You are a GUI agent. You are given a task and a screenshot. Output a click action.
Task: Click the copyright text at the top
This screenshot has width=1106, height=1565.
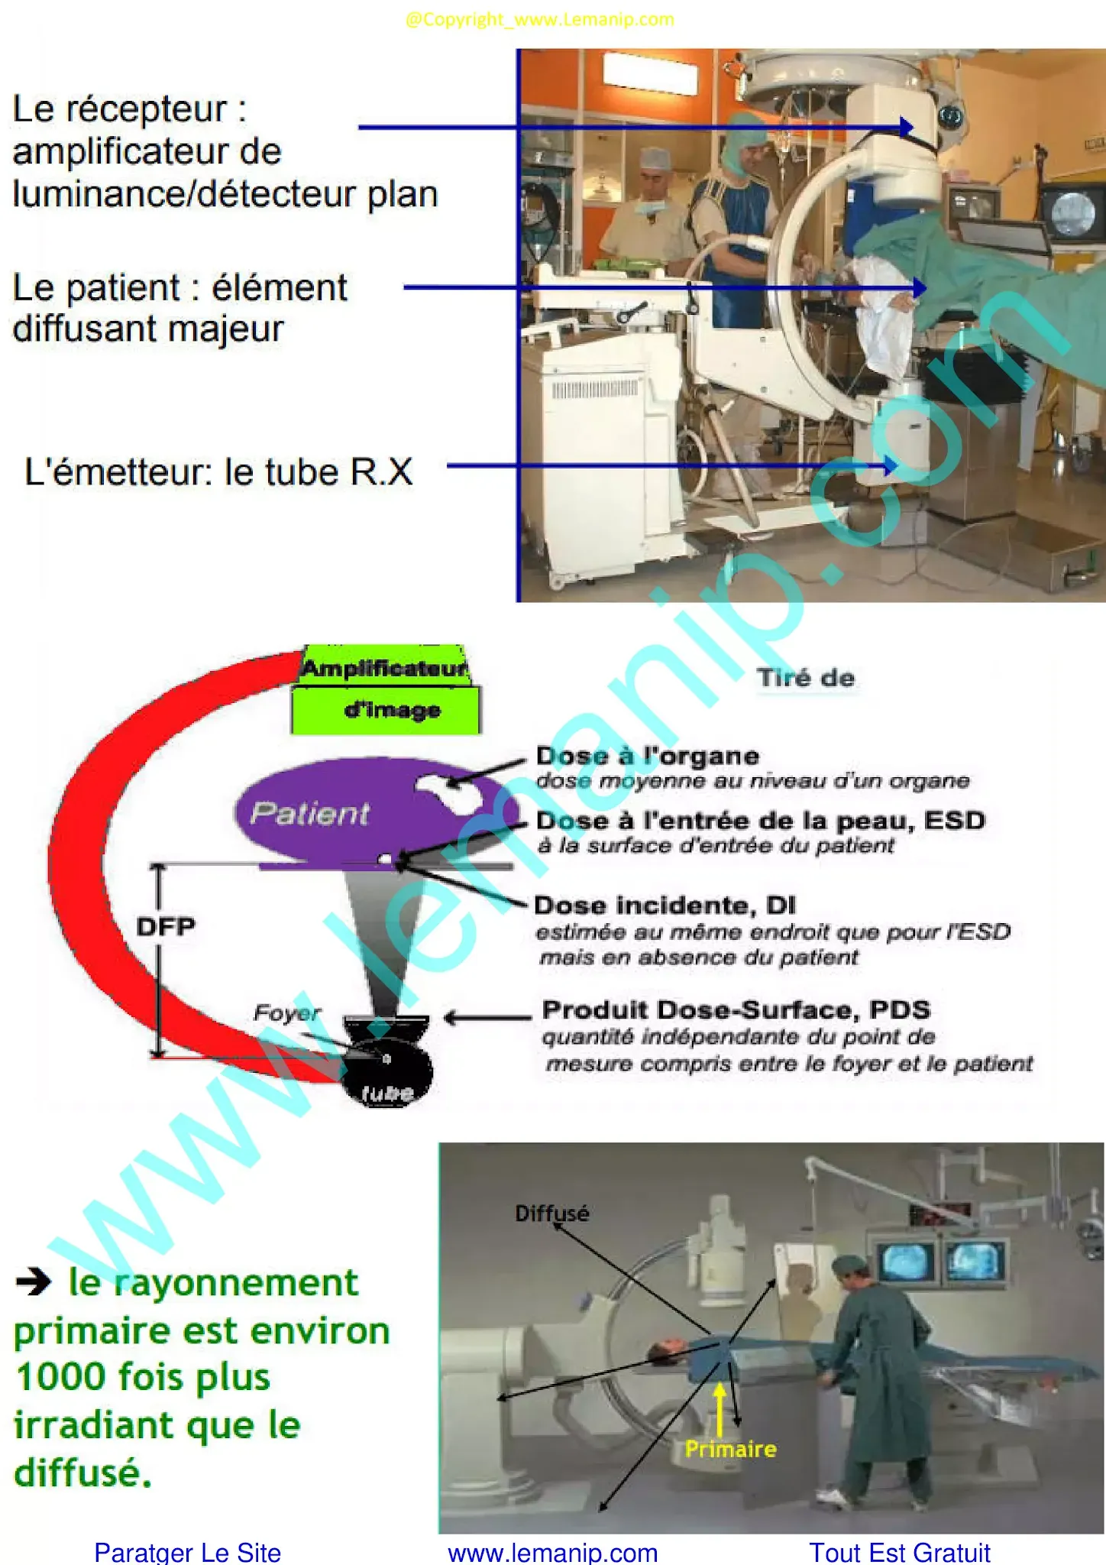pyautogui.click(x=539, y=19)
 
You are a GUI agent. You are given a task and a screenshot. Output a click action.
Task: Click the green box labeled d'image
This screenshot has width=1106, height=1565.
pyautogui.click(x=386, y=710)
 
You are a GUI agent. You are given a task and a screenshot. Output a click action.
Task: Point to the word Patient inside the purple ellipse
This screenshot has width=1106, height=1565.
pyautogui.click(x=309, y=813)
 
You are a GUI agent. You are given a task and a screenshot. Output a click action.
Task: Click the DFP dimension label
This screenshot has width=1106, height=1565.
pyautogui.click(x=166, y=926)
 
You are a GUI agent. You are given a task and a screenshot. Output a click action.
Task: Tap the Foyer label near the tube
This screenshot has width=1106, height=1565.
pyautogui.click(x=286, y=1013)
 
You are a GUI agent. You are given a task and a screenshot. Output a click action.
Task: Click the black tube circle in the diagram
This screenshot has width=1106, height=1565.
pyautogui.click(x=387, y=1071)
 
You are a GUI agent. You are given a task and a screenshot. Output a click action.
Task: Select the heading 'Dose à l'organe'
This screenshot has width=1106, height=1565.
pyautogui.click(x=647, y=756)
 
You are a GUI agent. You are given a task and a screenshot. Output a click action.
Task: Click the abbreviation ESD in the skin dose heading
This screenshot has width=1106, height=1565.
pyautogui.click(x=954, y=821)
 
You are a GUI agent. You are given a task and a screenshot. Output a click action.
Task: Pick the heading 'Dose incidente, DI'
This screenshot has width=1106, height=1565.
pyautogui.click(x=665, y=906)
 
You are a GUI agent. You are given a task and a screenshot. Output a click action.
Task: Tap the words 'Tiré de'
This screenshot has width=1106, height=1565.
pyautogui.click(x=806, y=678)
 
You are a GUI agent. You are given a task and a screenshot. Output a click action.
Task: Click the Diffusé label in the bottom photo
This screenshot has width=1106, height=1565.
pyautogui.click(x=551, y=1213)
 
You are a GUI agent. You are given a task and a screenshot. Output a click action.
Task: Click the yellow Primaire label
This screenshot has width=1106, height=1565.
pyautogui.click(x=730, y=1448)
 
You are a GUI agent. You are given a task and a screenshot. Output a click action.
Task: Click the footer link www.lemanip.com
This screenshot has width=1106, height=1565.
pyautogui.click(x=552, y=1552)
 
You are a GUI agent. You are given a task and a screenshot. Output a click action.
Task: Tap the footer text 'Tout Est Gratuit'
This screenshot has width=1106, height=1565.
pyautogui.click(x=899, y=1552)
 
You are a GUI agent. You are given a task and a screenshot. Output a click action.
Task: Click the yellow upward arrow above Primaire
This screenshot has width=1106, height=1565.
pyautogui.click(x=720, y=1408)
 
